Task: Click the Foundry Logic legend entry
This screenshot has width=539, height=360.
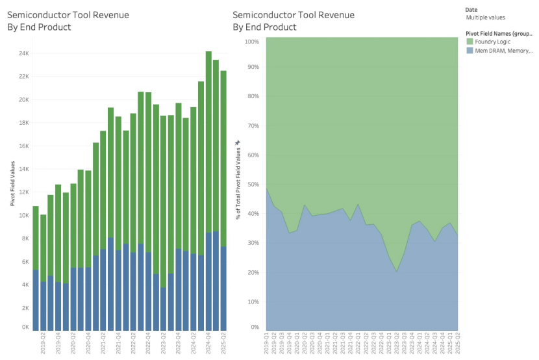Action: coord(492,42)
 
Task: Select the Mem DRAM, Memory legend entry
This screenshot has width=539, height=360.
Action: coord(499,50)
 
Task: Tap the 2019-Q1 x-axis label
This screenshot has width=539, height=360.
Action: coord(266,343)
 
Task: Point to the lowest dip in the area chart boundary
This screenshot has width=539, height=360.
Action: coord(395,272)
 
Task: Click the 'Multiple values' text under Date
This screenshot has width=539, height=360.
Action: coord(485,18)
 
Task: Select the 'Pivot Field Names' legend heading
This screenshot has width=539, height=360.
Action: coord(498,32)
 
